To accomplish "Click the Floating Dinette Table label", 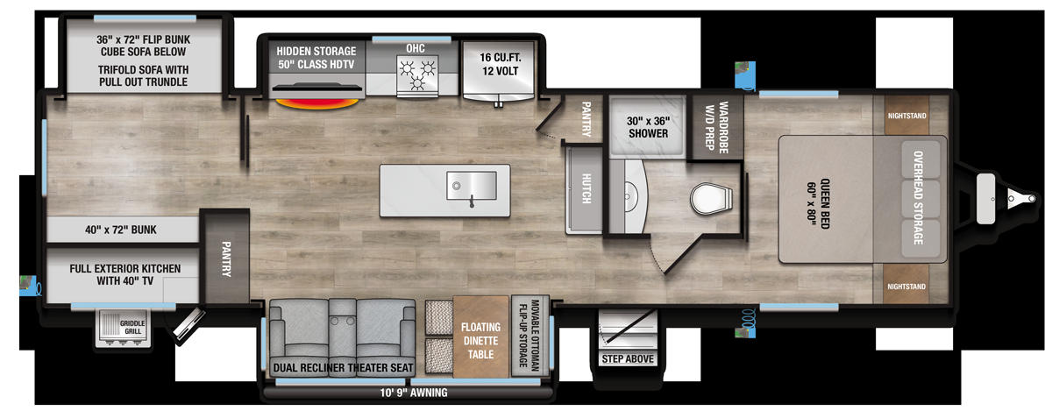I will point(480,341).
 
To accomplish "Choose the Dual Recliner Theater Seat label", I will point(343,368).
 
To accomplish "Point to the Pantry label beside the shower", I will point(586,119).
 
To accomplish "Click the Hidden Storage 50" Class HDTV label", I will point(316,58).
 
